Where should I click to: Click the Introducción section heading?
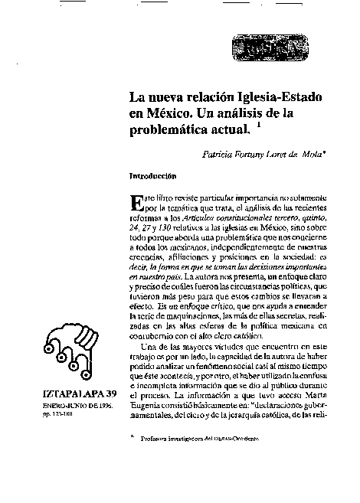point(154,175)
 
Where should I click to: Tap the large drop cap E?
point(137,201)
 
